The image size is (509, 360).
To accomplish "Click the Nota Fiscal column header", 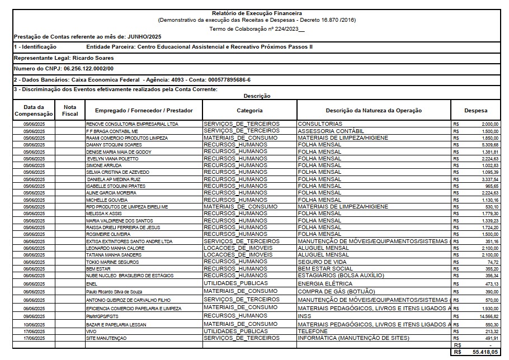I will click(x=70, y=110).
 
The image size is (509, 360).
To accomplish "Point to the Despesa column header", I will click(x=475, y=111).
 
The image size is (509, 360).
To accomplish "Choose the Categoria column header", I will click(x=249, y=111).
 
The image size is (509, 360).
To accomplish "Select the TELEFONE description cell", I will click(x=313, y=331).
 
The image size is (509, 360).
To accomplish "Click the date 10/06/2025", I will click(x=34, y=324).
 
